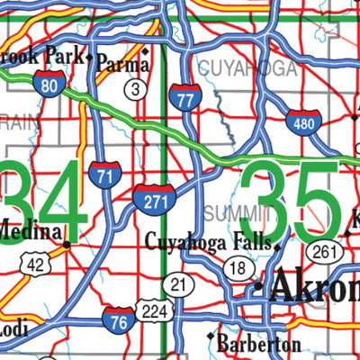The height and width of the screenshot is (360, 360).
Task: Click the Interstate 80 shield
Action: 50,83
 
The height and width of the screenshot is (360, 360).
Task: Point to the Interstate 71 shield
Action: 104,174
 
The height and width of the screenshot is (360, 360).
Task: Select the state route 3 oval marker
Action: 135,88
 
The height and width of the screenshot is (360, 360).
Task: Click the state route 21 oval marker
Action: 181,286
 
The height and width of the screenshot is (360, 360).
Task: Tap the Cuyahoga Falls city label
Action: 211,241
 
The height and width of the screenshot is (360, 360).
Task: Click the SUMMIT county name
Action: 237,212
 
